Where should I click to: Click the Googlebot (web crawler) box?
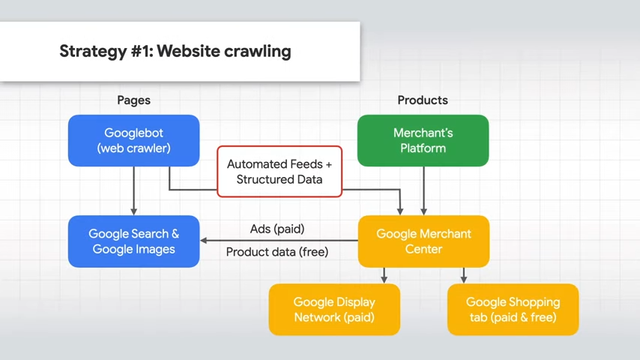tap(134, 140)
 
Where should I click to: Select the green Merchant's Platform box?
tap(423, 140)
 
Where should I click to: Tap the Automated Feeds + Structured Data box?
tap(280, 172)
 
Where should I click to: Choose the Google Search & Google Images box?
tap(134, 241)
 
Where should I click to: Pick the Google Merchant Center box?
tap(423, 241)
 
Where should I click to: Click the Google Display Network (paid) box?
tap(334, 310)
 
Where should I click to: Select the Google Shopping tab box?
tap(513, 310)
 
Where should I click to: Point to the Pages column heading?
tap(134, 100)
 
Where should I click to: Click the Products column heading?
tap(423, 100)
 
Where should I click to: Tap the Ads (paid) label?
tap(277, 229)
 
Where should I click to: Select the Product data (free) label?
tap(277, 252)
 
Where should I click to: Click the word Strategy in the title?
tap(93, 52)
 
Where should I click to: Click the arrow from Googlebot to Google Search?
tap(134, 190)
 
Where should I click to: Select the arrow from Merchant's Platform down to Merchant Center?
tap(423, 190)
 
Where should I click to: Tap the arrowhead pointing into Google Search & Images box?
tap(203, 241)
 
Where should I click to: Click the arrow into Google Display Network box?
tap(384, 276)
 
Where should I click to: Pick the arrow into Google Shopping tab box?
tap(464, 276)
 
